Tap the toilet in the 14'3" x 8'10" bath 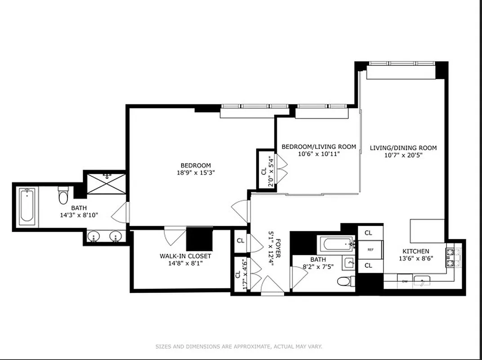click(x=62, y=196)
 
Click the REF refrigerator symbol click(x=370, y=249)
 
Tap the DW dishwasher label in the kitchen click(x=405, y=281)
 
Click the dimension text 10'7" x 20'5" click(x=403, y=155)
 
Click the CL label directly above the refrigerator click(x=368, y=233)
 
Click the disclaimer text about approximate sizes click(x=239, y=346)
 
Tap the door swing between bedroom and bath click(x=120, y=212)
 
